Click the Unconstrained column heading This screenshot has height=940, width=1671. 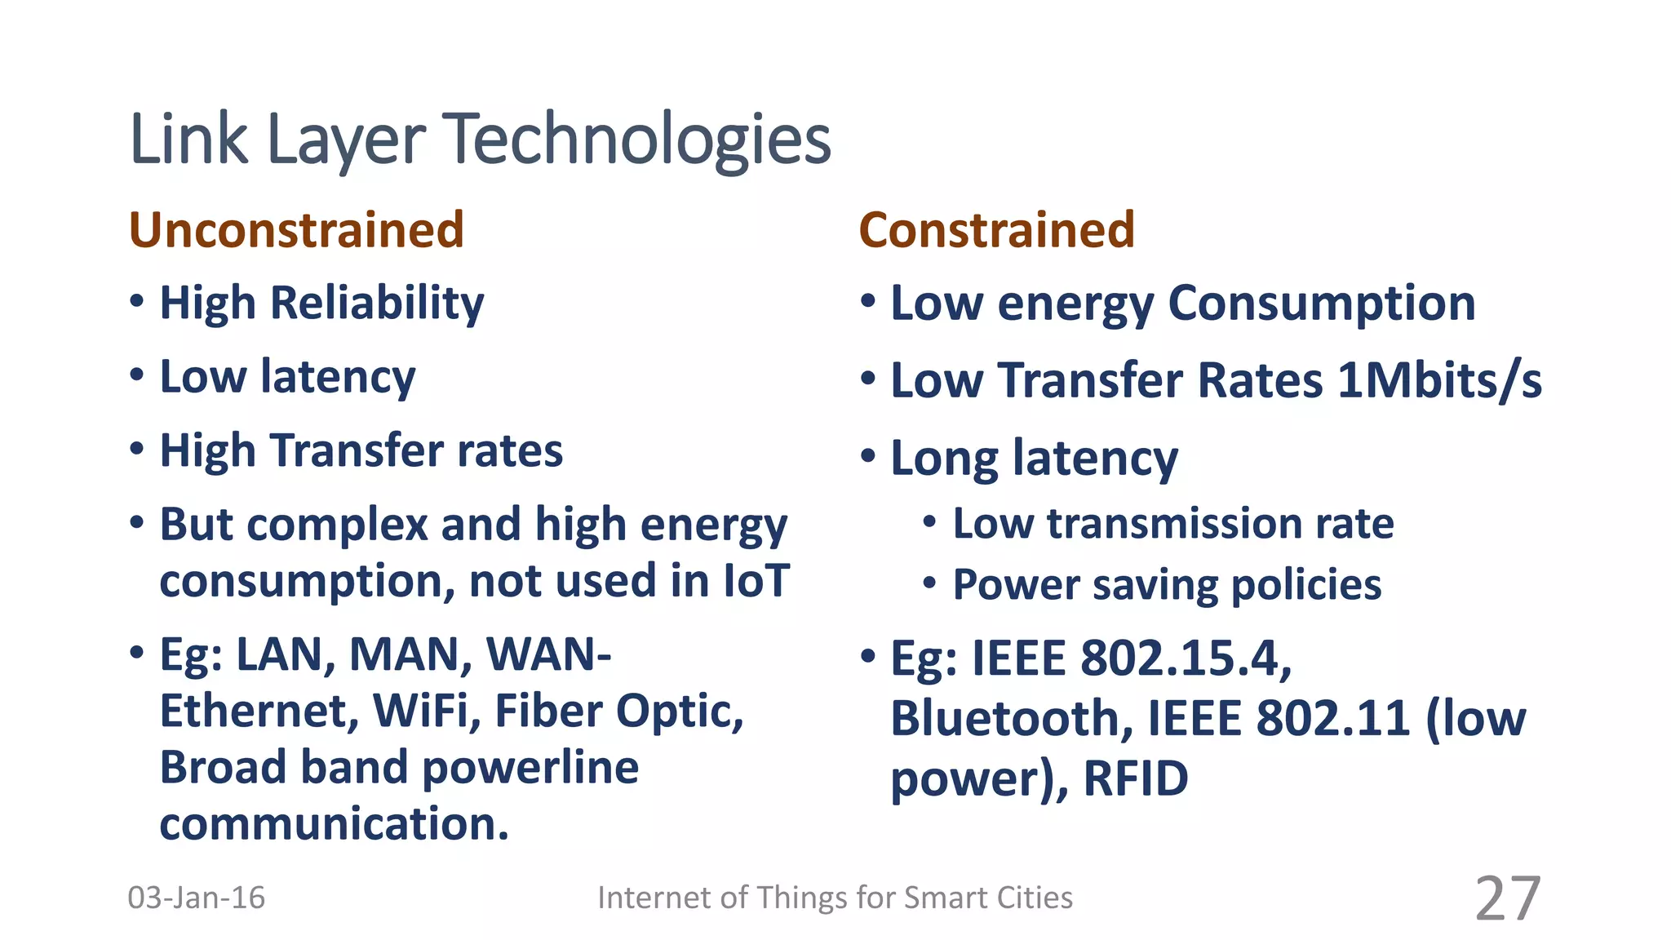coord(296,230)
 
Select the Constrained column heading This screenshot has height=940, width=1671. coord(996,230)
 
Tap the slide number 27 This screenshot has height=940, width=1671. coord(1507,898)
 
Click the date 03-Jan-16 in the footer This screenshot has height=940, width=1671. coord(196,898)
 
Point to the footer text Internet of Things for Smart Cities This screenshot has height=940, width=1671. coord(835,898)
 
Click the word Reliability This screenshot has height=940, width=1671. coord(377,304)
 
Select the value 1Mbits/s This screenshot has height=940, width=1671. coord(1439,381)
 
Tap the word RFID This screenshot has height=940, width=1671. coord(1135,778)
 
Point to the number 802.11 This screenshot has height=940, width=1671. coord(1333,719)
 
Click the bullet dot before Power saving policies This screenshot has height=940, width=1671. coord(929,583)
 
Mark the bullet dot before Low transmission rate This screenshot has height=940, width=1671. coord(929,522)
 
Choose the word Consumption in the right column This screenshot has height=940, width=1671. coord(1322,304)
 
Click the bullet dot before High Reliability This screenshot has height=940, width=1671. coord(137,301)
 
